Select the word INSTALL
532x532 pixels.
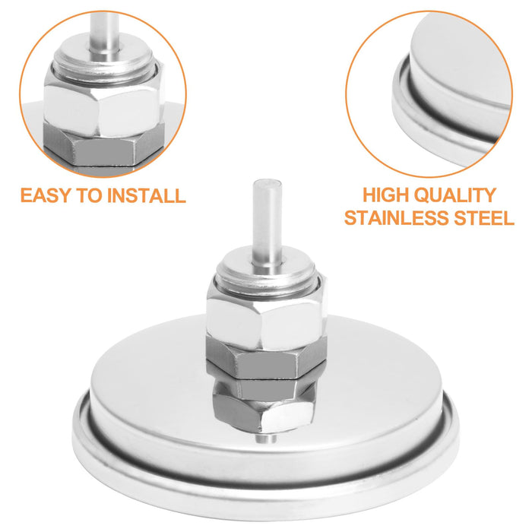point(146,195)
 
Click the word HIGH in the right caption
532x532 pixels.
point(385,195)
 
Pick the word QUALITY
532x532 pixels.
point(454,195)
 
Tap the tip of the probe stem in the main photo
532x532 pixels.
point(268,181)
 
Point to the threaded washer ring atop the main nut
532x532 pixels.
point(267,268)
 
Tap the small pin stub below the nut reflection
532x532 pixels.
point(266,438)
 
